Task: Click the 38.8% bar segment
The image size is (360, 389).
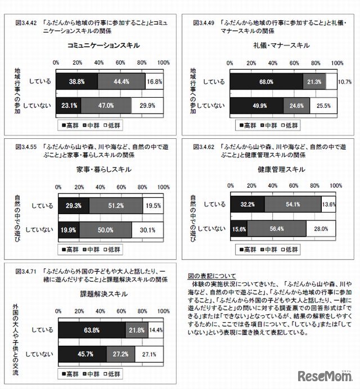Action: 77,82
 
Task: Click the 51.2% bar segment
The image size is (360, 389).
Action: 115,206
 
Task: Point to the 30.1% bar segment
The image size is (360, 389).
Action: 147,229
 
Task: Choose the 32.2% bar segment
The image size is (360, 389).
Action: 248,204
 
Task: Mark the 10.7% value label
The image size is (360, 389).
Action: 344,82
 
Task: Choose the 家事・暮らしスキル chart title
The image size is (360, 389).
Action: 103,169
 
